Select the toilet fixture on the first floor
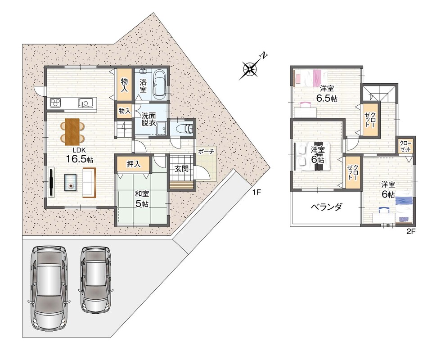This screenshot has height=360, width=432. [186, 128]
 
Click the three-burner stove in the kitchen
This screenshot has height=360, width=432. [55, 103]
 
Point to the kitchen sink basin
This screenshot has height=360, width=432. [84, 103]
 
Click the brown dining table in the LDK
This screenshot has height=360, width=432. [72, 132]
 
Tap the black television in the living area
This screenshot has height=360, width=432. [51, 182]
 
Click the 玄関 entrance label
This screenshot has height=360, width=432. [181, 169]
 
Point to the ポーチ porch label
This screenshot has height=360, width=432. [206, 151]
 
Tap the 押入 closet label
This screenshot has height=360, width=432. [134, 164]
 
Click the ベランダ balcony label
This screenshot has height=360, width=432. [327, 207]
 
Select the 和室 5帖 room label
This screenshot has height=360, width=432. [142, 198]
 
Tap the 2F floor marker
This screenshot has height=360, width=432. [411, 231]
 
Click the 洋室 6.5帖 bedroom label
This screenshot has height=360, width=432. [327, 94]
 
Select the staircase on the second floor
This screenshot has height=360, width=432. [379, 93]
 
